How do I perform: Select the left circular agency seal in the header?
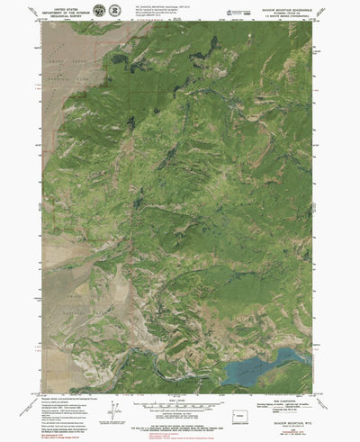[x=99, y=11]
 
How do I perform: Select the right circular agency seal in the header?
[x=114, y=11]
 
